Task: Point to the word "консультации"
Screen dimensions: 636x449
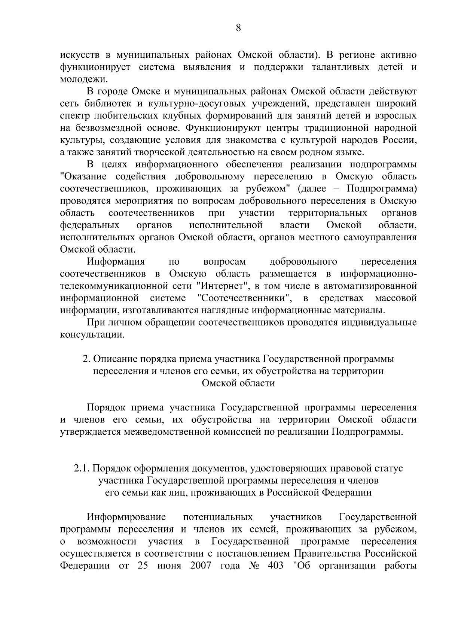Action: click(x=92, y=335)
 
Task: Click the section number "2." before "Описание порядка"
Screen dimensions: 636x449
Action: click(x=86, y=359)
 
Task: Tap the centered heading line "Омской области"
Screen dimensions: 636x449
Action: click(x=238, y=383)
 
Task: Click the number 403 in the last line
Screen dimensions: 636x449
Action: click(x=276, y=566)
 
